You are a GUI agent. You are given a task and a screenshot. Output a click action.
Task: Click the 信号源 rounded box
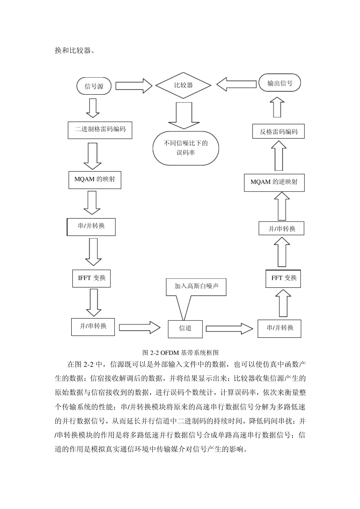(94, 86)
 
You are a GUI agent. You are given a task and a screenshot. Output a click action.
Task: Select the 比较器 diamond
(183, 85)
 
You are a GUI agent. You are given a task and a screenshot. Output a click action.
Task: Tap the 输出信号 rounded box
(280, 83)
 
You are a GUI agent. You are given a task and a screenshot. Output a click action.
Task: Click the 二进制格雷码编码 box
(100, 130)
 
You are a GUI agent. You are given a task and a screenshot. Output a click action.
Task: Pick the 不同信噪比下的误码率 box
(186, 148)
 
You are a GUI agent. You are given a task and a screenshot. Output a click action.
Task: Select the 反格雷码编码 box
(279, 131)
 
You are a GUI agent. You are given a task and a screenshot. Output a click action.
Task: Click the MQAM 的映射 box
(94, 180)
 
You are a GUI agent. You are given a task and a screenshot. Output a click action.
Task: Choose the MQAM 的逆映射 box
(274, 182)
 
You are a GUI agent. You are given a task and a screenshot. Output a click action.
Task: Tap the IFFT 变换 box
(92, 278)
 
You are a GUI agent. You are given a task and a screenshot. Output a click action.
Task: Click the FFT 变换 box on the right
(283, 278)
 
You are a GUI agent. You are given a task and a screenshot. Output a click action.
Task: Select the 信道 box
(185, 328)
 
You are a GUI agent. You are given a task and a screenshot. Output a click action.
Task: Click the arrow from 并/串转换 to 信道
(140, 327)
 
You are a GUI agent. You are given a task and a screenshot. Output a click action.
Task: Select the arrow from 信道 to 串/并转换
(229, 328)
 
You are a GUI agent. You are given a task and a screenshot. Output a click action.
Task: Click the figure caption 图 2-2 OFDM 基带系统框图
(180, 352)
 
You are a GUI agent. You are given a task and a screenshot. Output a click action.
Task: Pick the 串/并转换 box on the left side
(91, 226)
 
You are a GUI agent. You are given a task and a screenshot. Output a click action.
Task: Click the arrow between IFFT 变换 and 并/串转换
(93, 302)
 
